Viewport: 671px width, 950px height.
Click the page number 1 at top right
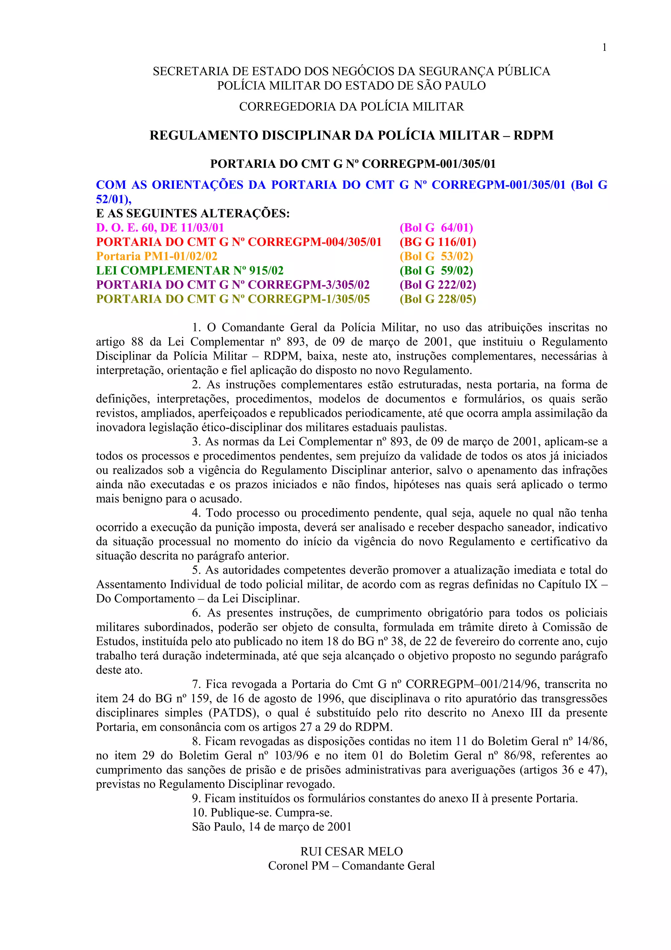pos(604,48)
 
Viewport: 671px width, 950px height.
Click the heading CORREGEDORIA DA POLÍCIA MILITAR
pos(352,107)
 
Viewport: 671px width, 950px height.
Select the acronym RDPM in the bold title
pos(533,136)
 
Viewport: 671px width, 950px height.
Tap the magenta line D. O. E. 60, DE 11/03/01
pos(160,228)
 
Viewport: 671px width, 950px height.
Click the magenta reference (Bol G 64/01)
pos(436,228)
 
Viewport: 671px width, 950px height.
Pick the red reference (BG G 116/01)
pos(438,242)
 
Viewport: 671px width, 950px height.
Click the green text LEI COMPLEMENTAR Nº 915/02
pos(190,270)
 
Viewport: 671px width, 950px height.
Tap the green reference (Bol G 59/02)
pos(436,270)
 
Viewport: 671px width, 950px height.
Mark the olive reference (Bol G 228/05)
pos(438,299)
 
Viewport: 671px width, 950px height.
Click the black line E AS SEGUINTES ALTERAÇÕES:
pos(193,213)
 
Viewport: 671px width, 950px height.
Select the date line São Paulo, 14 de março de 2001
pos(272,827)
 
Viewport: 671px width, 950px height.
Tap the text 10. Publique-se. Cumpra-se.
pos(262,813)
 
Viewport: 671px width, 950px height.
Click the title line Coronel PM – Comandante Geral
pos(352,866)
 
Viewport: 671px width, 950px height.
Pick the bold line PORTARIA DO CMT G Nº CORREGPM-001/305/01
pos(353,164)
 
